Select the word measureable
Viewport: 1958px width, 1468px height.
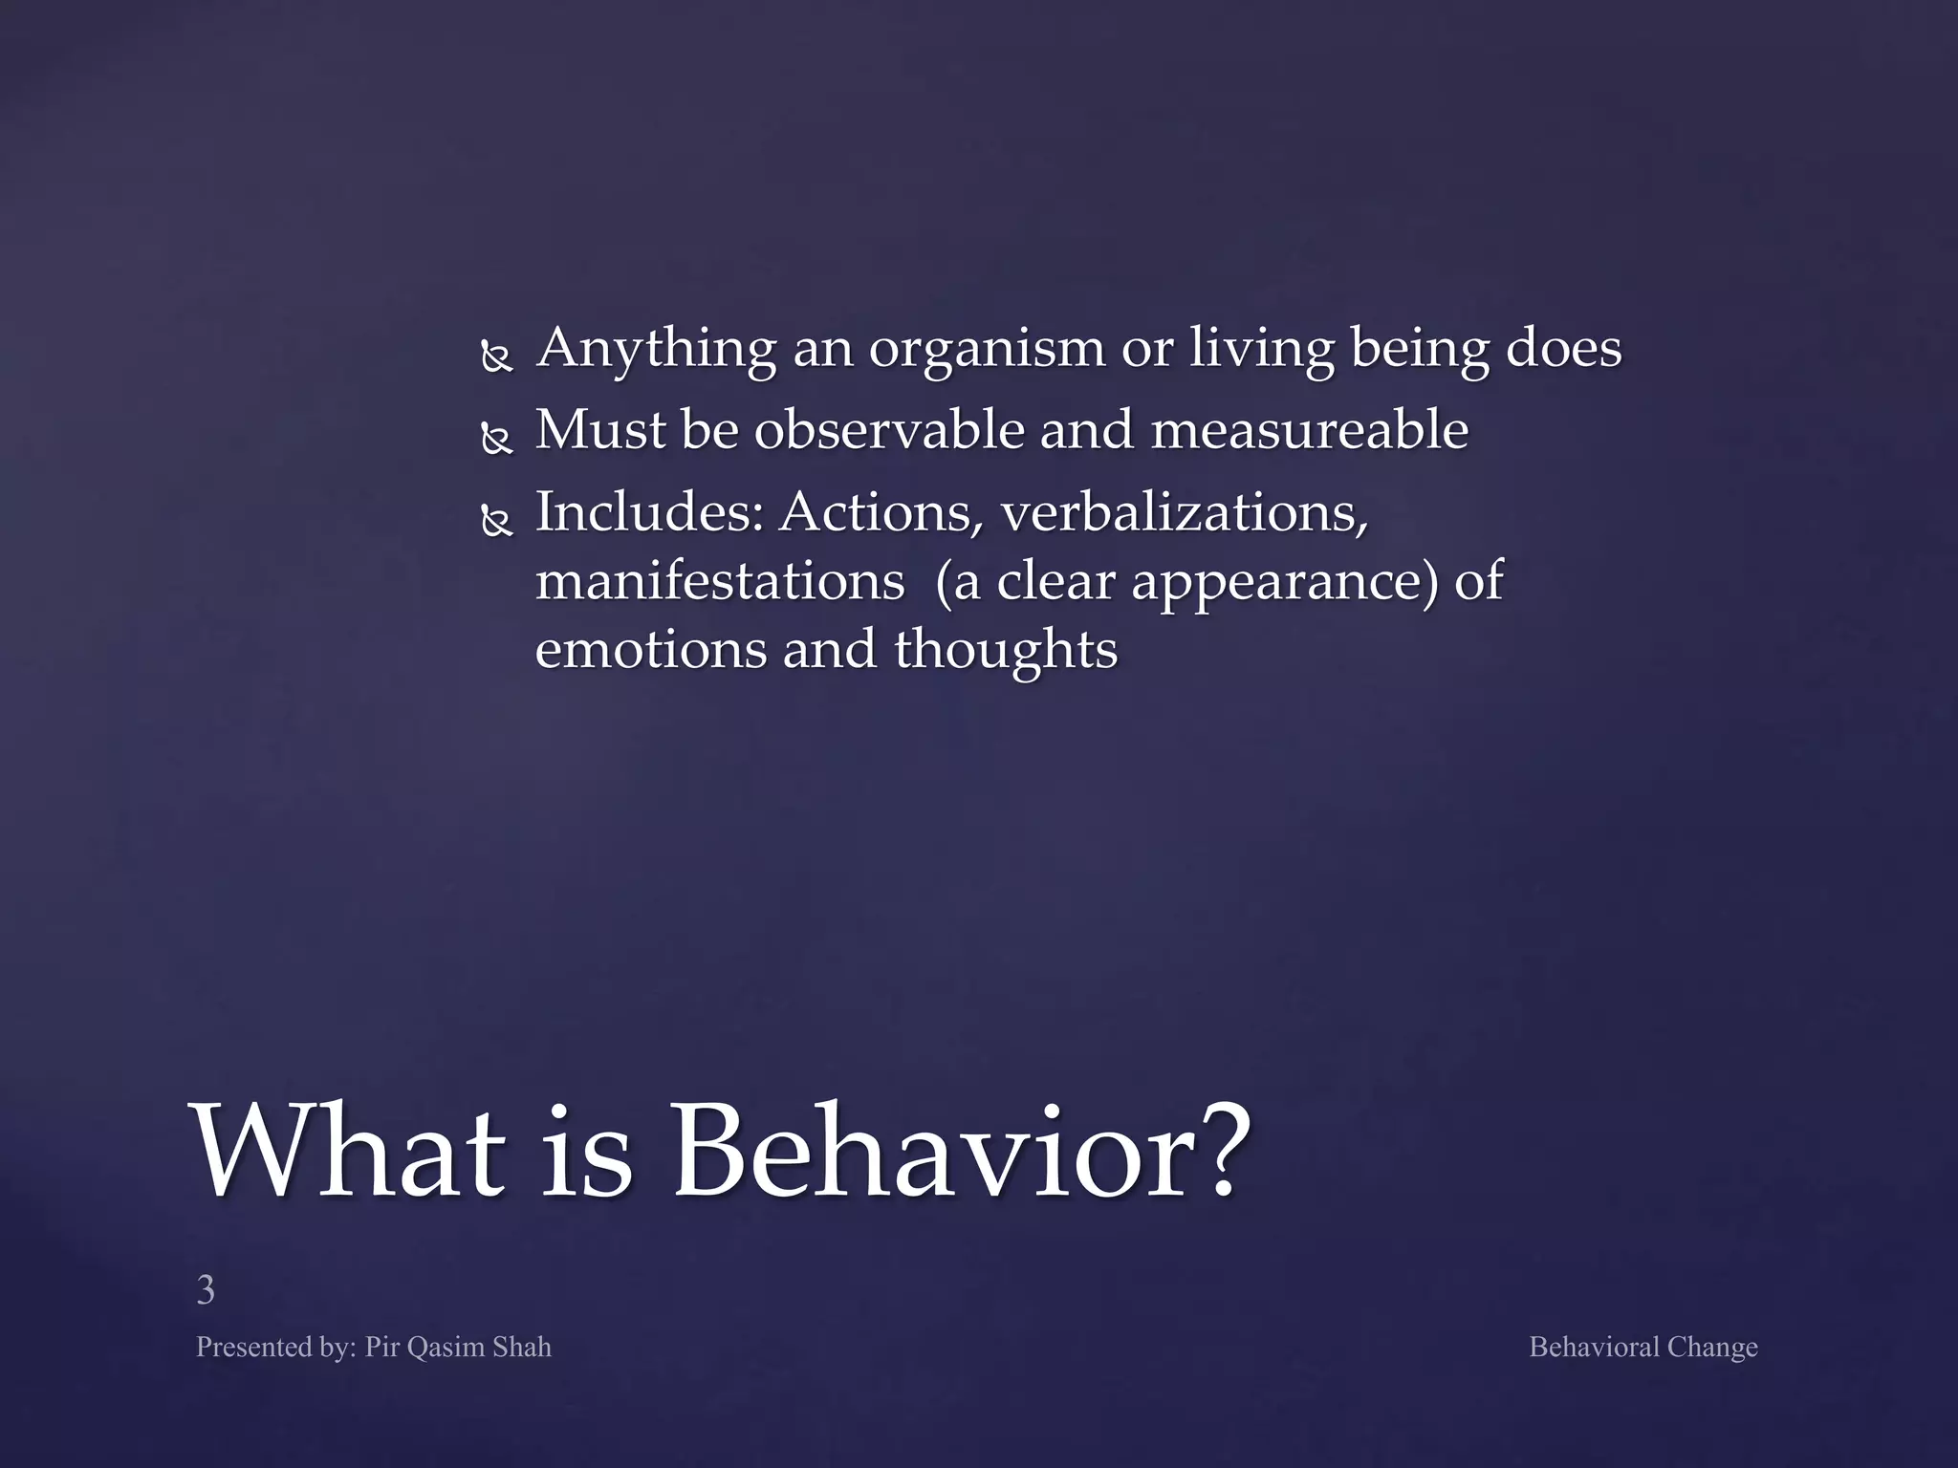(1309, 430)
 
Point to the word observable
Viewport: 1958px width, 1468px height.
(888, 430)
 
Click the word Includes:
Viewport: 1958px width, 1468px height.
(649, 512)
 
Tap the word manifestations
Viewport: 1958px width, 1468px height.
(719, 581)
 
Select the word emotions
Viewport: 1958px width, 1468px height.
(650, 650)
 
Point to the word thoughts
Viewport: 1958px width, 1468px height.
(1005, 650)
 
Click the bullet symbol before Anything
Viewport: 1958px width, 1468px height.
(497, 358)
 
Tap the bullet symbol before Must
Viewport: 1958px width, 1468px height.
(497, 440)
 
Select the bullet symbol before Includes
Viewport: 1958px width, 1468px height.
(497, 522)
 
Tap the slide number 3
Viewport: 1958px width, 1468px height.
(205, 1290)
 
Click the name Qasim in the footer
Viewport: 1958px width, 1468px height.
(446, 1347)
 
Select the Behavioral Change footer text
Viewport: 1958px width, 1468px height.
(1643, 1347)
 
